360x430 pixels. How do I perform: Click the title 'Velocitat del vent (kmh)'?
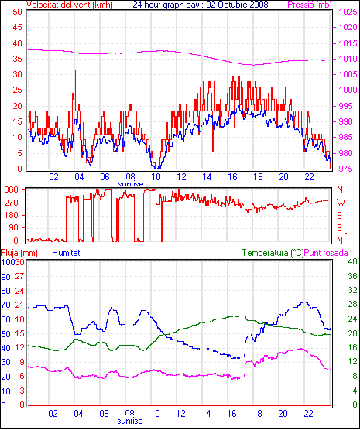[70, 5]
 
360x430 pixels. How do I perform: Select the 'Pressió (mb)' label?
[310, 5]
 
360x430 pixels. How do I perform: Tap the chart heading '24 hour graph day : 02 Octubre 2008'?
[201, 5]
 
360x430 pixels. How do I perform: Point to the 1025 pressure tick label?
[348, 12]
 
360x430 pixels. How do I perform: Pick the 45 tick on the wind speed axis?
[17, 27]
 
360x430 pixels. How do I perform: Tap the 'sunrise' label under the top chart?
[131, 184]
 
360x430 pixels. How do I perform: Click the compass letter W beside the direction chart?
[341, 203]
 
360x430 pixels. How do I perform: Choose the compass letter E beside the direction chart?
[340, 228]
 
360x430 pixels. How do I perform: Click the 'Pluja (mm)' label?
[19, 253]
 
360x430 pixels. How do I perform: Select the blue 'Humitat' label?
[66, 253]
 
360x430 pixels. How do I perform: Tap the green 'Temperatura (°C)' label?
[273, 253]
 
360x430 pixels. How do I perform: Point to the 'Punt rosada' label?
[326, 253]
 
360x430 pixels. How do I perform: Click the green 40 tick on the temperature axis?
[352, 261]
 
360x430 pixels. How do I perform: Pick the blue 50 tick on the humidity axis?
[5, 334]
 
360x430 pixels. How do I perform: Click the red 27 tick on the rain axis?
[19, 276]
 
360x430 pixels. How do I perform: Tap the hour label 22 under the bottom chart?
[308, 413]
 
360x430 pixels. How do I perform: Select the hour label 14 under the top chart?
[207, 177]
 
